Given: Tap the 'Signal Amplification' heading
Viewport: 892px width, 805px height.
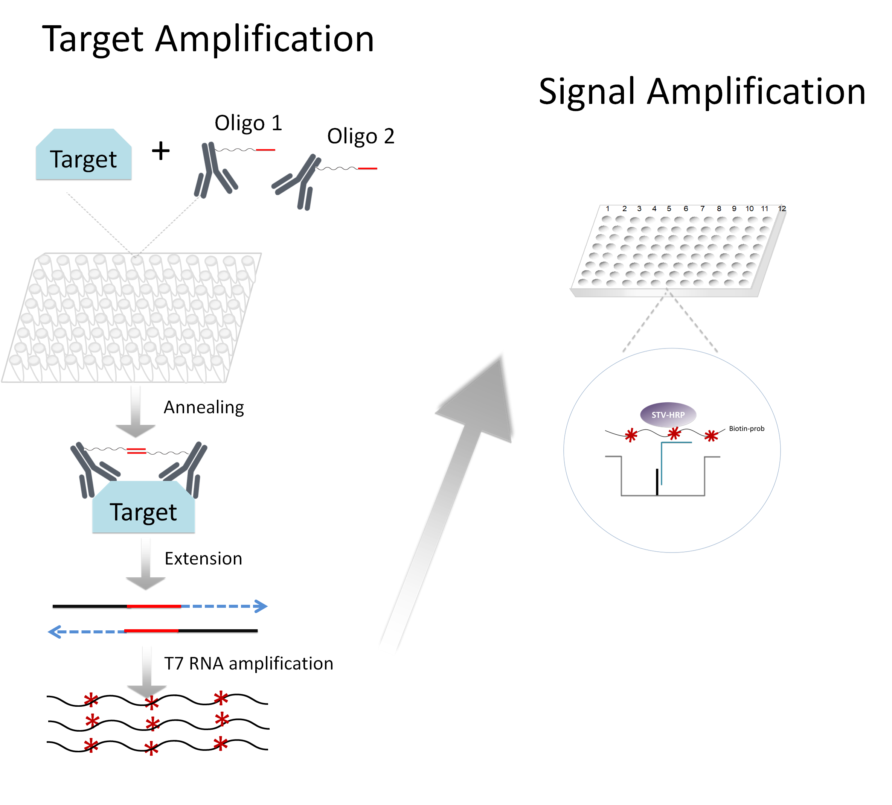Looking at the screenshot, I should pos(702,91).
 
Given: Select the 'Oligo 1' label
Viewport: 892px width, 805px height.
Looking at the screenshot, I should pos(248,123).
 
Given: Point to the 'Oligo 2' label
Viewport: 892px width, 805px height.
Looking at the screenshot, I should pos(361,136).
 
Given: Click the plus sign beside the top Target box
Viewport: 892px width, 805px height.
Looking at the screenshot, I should pos(161,151).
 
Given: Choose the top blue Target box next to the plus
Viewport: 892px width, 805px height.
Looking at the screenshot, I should pos(84,155).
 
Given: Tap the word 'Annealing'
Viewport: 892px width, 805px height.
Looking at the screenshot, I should pos(204,407).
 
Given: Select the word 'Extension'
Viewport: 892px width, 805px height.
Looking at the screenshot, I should pos(203,558).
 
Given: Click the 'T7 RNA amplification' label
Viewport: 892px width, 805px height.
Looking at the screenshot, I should pos(249,663).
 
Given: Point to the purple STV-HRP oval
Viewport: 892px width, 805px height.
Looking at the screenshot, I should pos(668,414).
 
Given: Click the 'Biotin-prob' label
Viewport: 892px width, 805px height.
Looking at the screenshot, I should pos(746,428).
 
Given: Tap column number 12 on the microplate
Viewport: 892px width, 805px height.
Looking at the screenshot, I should pos(782,208).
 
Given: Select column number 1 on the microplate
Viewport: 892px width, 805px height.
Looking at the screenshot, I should pos(607,208).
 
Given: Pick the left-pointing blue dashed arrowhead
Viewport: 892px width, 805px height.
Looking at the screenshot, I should pos(54,632).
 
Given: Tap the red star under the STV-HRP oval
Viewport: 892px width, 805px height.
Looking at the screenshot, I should pos(674,434).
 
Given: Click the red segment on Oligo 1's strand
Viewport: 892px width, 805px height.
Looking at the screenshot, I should pos(265,150).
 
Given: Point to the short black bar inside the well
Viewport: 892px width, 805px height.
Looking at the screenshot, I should pos(657,482).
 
